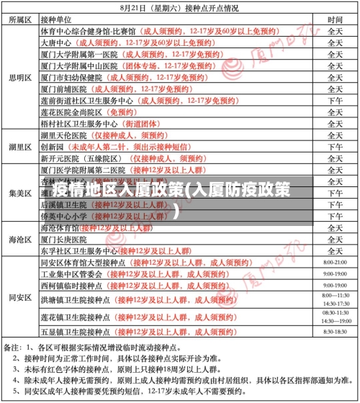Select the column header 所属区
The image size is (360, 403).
point(19,20)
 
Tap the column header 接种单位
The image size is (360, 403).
point(60,20)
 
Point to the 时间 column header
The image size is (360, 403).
point(335,20)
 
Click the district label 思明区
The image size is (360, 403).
point(19,77)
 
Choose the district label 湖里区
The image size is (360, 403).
point(19,146)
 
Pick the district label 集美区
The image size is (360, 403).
point(19,193)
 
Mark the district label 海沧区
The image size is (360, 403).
point(19,239)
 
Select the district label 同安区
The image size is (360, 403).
point(19,296)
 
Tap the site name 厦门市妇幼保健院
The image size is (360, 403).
point(71,77)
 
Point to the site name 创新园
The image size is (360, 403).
point(52,146)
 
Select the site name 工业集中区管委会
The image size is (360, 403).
point(71,274)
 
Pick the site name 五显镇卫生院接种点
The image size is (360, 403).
point(75,332)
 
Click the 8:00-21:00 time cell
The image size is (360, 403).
point(336,263)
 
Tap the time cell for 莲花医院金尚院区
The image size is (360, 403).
point(335,112)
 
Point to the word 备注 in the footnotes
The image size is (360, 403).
point(12,348)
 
